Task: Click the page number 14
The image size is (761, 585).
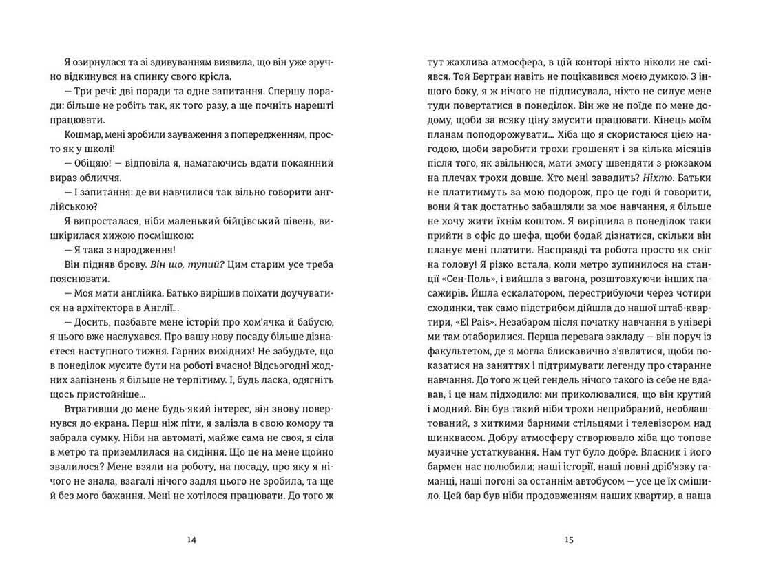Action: [192, 540]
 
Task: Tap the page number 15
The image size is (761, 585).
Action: [568, 540]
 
